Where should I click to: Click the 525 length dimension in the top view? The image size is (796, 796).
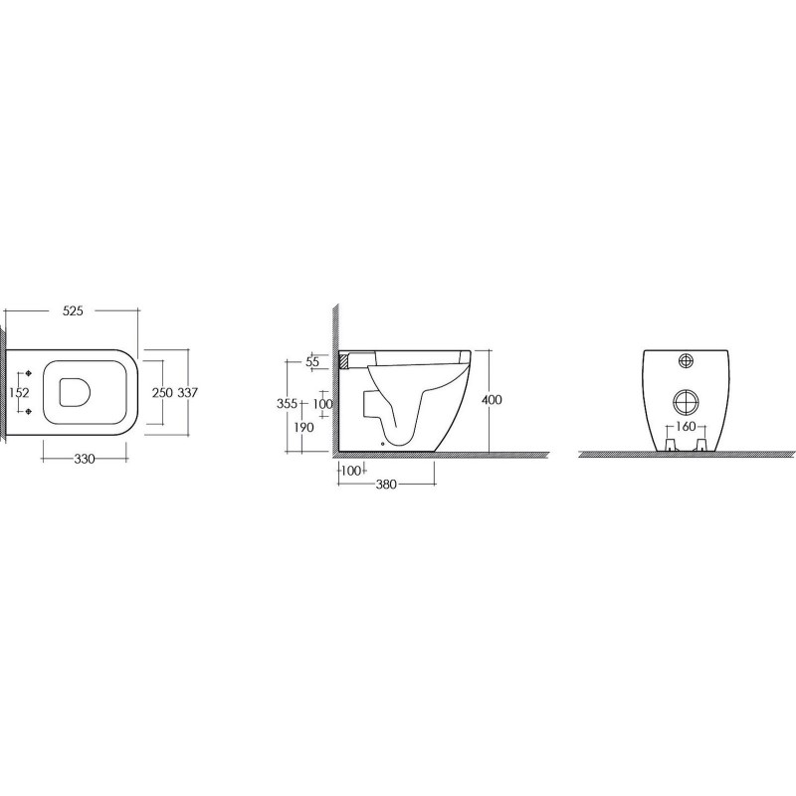(73, 310)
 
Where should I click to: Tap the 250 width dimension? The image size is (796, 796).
(162, 392)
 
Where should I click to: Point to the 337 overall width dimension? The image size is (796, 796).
(189, 392)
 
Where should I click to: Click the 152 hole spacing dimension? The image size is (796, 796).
(17, 392)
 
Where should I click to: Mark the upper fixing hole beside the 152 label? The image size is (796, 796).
(31, 374)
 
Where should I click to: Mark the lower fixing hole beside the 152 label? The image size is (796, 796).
(31, 410)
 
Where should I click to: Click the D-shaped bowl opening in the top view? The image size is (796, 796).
(75, 392)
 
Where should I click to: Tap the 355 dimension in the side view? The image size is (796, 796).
(288, 404)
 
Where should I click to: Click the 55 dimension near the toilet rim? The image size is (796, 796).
(312, 363)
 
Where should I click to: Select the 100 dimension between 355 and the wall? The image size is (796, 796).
(322, 404)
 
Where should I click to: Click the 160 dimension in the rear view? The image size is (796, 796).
(684, 428)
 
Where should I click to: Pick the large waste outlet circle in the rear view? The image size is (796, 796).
(684, 401)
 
